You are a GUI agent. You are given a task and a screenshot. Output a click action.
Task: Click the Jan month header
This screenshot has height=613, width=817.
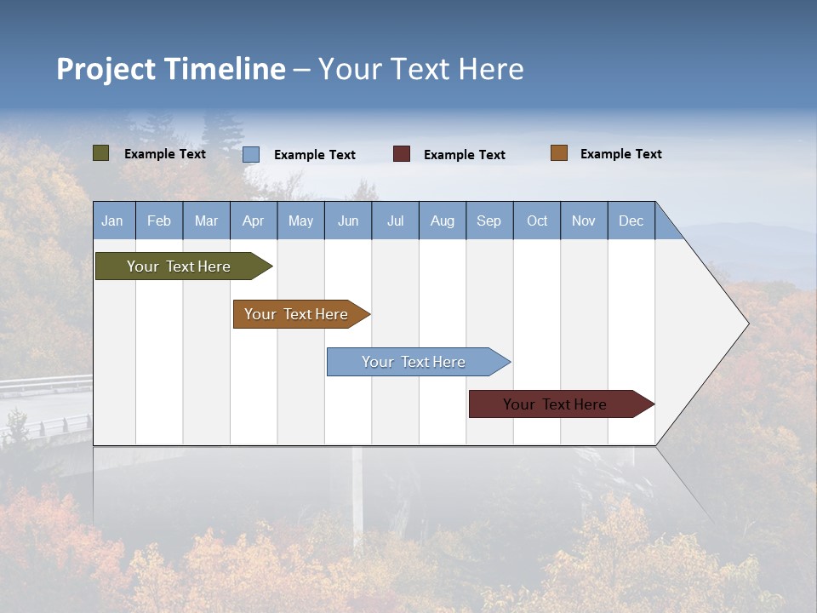click(112, 221)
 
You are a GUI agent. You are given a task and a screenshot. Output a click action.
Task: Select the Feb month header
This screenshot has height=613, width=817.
click(159, 221)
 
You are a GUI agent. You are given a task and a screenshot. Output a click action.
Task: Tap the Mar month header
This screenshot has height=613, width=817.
click(206, 221)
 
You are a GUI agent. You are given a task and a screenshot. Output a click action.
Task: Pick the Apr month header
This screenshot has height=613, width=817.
click(253, 221)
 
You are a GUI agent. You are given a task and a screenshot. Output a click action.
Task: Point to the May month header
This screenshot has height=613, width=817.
click(300, 221)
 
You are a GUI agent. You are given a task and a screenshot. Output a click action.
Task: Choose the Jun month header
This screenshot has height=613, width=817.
click(348, 221)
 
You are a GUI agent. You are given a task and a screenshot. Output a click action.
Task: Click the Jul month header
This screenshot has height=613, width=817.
click(395, 221)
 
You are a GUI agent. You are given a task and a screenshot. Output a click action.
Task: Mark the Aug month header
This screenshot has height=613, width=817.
click(442, 221)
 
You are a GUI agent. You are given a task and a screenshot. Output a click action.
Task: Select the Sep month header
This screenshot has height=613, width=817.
click(488, 221)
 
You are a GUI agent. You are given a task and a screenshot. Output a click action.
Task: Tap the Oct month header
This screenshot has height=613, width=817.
click(537, 221)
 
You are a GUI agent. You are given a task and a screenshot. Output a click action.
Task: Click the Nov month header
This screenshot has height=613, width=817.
click(584, 221)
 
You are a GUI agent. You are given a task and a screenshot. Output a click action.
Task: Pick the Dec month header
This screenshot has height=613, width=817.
click(631, 221)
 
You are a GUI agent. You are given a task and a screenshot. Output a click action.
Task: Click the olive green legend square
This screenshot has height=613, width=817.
click(101, 153)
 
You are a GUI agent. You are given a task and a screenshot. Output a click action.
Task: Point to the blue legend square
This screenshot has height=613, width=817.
click(251, 154)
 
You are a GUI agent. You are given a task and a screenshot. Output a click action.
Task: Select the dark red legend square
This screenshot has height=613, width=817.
click(402, 153)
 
